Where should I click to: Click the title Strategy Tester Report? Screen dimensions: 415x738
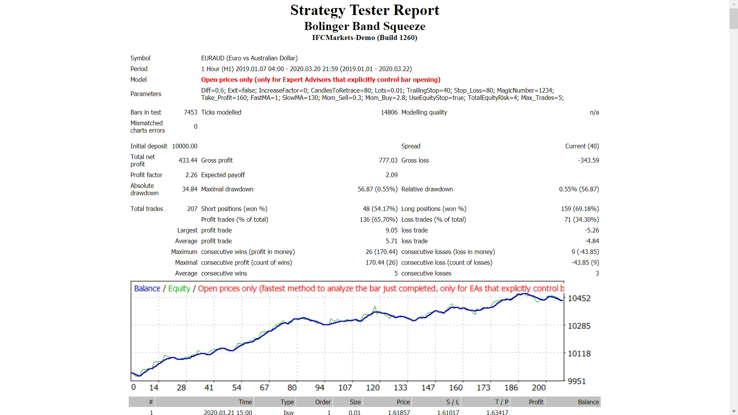tap(364, 10)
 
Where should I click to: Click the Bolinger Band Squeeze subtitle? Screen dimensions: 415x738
tap(364, 26)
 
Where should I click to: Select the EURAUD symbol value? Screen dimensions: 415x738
tap(249, 58)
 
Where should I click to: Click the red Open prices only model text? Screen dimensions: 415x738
tap(321, 80)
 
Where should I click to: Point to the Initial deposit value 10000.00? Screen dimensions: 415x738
tap(184, 146)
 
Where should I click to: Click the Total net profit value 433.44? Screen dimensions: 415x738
tap(188, 160)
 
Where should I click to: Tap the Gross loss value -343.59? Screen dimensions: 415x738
tap(588, 160)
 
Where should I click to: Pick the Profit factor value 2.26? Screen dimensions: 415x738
tap(191, 175)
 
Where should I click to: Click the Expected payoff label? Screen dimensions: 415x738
tap(223, 175)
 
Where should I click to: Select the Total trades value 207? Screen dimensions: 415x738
tap(192, 209)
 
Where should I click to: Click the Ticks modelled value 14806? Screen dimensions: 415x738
tap(389, 112)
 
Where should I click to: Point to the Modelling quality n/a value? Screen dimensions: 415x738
tap(594, 112)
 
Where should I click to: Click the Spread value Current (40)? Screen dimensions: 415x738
tap(582, 146)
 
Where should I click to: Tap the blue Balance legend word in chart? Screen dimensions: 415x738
tap(147, 289)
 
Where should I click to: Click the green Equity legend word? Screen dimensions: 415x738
tap(179, 289)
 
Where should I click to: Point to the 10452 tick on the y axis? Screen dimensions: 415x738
tap(579, 298)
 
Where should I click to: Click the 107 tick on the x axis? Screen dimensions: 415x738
tap(345, 388)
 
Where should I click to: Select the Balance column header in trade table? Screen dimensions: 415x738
tap(588, 402)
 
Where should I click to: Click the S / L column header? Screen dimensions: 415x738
tap(452, 402)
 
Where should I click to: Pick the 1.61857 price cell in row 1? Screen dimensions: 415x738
tap(399, 412)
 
